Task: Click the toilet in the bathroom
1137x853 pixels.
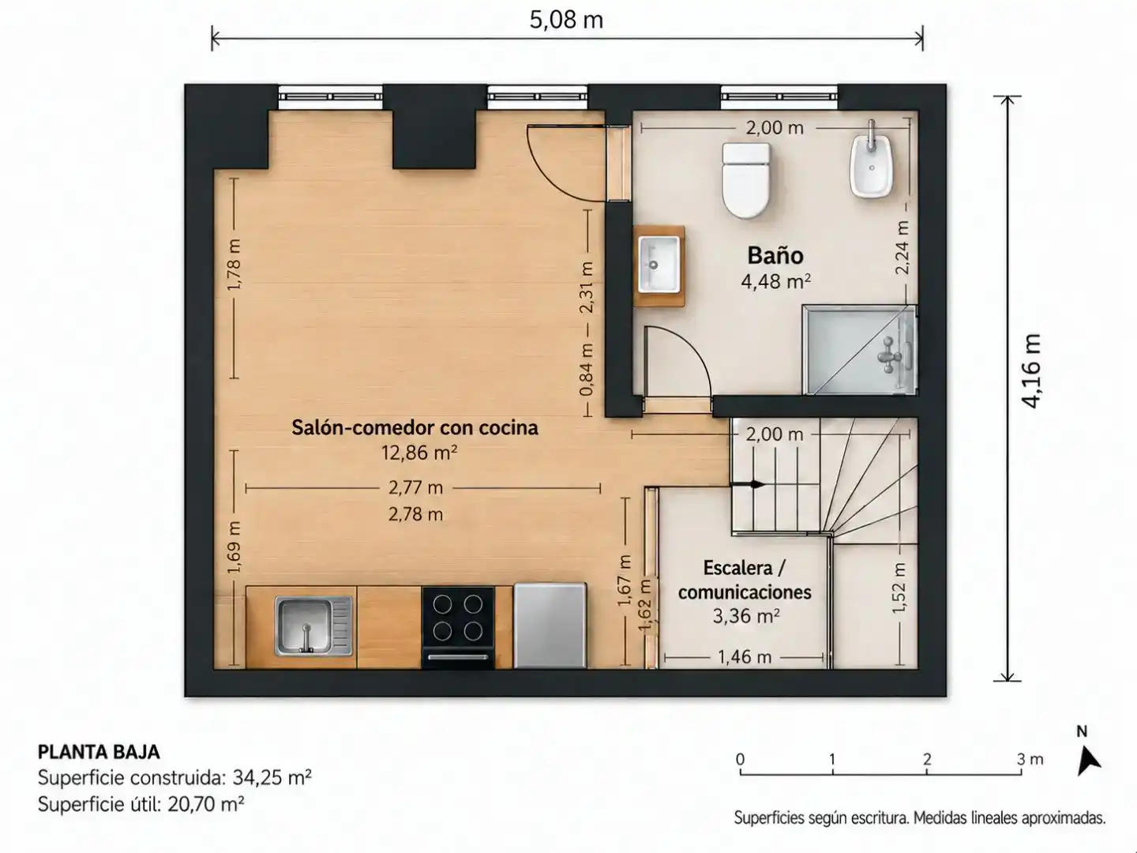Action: pyautogui.click(x=746, y=180)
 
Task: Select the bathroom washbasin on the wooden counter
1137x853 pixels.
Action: pyautogui.click(x=659, y=265)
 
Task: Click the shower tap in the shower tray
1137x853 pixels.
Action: pyautogui.click(x=890, y=355)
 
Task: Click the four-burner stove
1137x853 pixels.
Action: pyautogui.click(x=458, y=627)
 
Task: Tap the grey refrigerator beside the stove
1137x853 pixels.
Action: pyautogui.click(x=550, y=626)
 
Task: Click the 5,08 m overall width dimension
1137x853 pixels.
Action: pyautogui.click(x=567, y=21)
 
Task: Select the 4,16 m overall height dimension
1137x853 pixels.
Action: pyautogui.click(x=1031, y=371)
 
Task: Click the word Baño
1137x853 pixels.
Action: pyautogui.click(x=775, y=255)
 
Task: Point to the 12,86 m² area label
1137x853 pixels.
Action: pyautogui.click(x=419, y=453)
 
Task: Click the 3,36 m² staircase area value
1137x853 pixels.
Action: pyautogui.click(x=746, y=616)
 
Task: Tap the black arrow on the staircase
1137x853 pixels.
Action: pyautogui.click(x=748, y=485)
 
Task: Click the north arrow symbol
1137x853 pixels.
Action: pyautogui.click(x=1089, y=761)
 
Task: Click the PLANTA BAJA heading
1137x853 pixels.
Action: pyautogui.click(x=99, y=752)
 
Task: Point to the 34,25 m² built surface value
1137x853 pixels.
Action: pyautogui.click(x=272, y=777)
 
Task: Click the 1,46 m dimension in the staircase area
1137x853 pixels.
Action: pyautogui.click(x=745, y=657)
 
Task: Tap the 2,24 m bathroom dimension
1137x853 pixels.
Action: pyautogui.click(x=902, y=247)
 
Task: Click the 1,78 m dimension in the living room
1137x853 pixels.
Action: pyautogui.click(x=234, y=264)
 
